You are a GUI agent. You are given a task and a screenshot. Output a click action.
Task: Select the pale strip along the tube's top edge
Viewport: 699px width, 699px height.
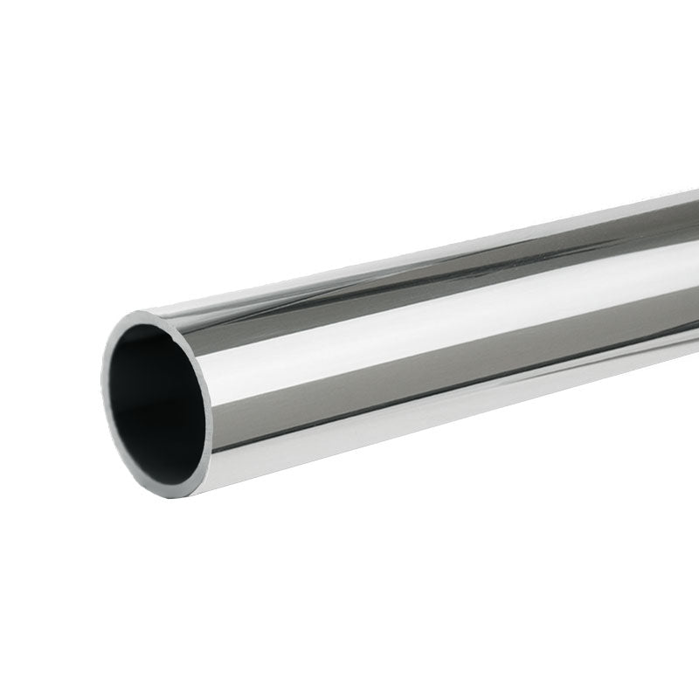(x=437, y=249)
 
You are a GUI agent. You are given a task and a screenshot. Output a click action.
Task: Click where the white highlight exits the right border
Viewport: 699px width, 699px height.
(x=695, y=271)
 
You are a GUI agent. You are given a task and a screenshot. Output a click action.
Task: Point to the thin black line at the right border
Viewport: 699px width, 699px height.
(x=695, y=344)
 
